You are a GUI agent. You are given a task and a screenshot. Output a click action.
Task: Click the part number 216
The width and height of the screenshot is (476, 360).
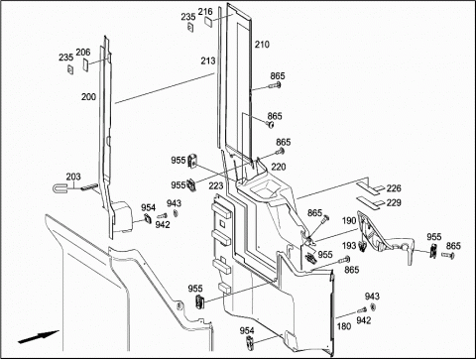(205, 12)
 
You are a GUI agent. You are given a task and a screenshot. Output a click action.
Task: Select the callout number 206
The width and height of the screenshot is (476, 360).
(83, 53)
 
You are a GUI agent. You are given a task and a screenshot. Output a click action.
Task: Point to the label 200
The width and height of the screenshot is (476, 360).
(88, 97)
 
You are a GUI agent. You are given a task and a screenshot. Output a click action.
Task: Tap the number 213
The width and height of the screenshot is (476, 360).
(208, 60)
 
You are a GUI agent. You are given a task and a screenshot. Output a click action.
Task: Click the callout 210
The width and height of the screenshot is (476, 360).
(262, 45)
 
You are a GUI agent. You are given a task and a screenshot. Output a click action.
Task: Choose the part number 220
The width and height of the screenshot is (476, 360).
(279, 167)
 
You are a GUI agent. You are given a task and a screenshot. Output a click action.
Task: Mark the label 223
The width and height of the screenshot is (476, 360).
(216, 186)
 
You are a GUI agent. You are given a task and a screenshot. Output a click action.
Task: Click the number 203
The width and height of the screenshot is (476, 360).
(73, 177)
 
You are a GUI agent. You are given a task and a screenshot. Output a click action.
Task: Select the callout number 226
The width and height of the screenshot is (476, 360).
(394, 188)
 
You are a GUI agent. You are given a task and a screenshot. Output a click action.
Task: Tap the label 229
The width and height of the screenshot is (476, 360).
(394, 202)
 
